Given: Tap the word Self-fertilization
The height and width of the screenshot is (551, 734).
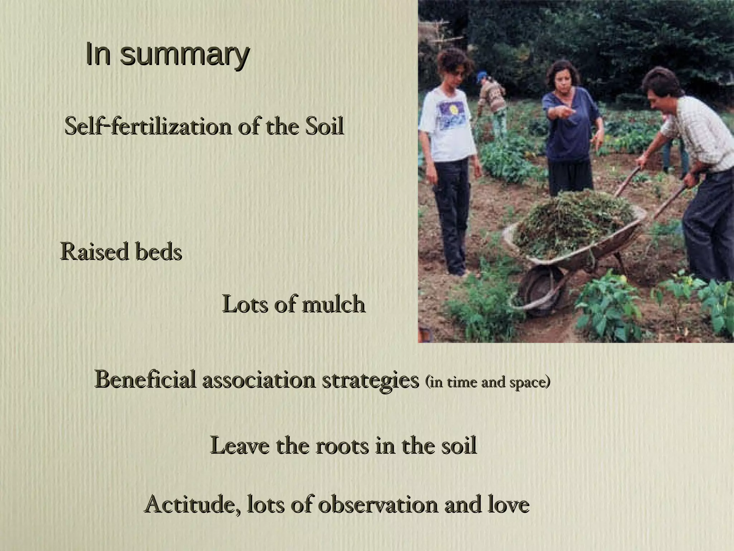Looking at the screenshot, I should click(x=148, y=126).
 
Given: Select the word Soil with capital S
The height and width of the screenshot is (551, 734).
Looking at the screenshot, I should click(x=324, y=126).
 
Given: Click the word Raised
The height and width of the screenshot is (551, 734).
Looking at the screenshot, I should click(x=94, y=251).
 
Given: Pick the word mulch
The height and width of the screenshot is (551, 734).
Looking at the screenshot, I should click(x=333, y=305).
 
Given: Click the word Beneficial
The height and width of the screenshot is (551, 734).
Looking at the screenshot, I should click(x=146, y=380).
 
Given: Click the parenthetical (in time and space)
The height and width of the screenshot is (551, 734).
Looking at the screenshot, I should click(x=487, y=382).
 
